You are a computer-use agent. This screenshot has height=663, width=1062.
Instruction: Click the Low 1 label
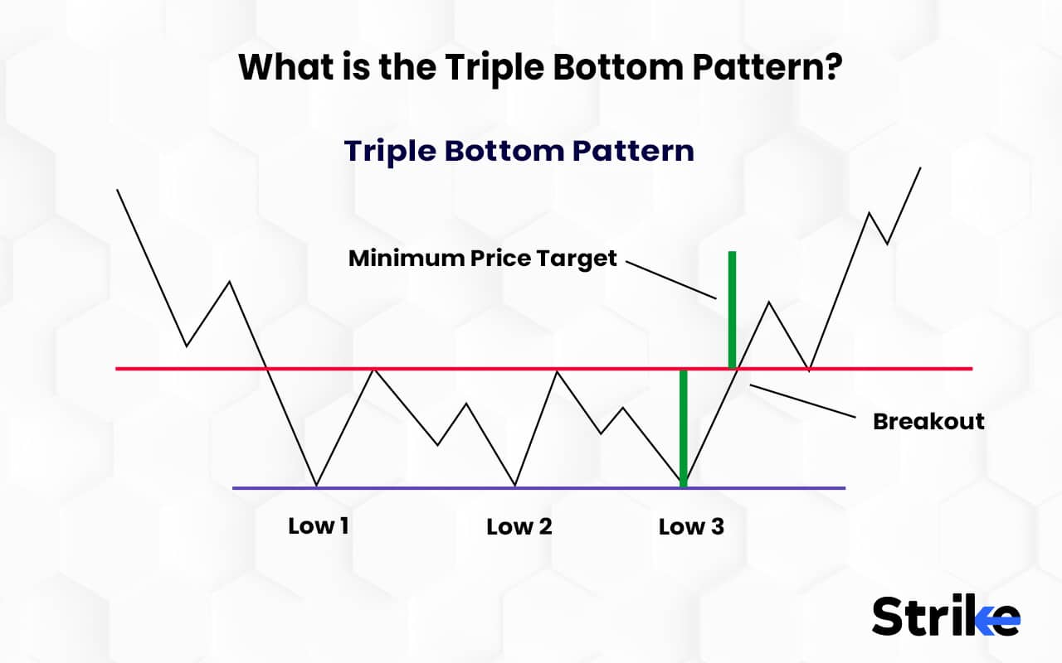click(319, 525)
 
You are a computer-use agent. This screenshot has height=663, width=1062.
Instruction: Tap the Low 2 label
click(519, 526)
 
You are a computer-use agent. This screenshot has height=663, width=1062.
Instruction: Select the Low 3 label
click(691, 526)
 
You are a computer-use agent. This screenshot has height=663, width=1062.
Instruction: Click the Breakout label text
click(928, 421)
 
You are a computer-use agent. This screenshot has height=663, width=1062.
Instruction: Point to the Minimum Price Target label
click(482, 258)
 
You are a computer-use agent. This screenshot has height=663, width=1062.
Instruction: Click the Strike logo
click(945, 616)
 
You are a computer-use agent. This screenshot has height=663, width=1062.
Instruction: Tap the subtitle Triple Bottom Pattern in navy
click(519, 151)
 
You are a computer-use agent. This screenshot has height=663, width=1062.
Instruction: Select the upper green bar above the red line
click(732, 309)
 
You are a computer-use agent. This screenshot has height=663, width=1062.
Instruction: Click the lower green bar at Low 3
click(683, 428)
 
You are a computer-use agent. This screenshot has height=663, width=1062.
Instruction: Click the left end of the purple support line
click(235, 487)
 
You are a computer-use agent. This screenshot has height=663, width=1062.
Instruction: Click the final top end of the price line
click(920, 168)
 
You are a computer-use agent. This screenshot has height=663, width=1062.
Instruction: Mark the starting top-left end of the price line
click(118, 190)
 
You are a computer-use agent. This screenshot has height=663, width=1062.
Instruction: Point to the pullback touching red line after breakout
click(809, 367)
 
